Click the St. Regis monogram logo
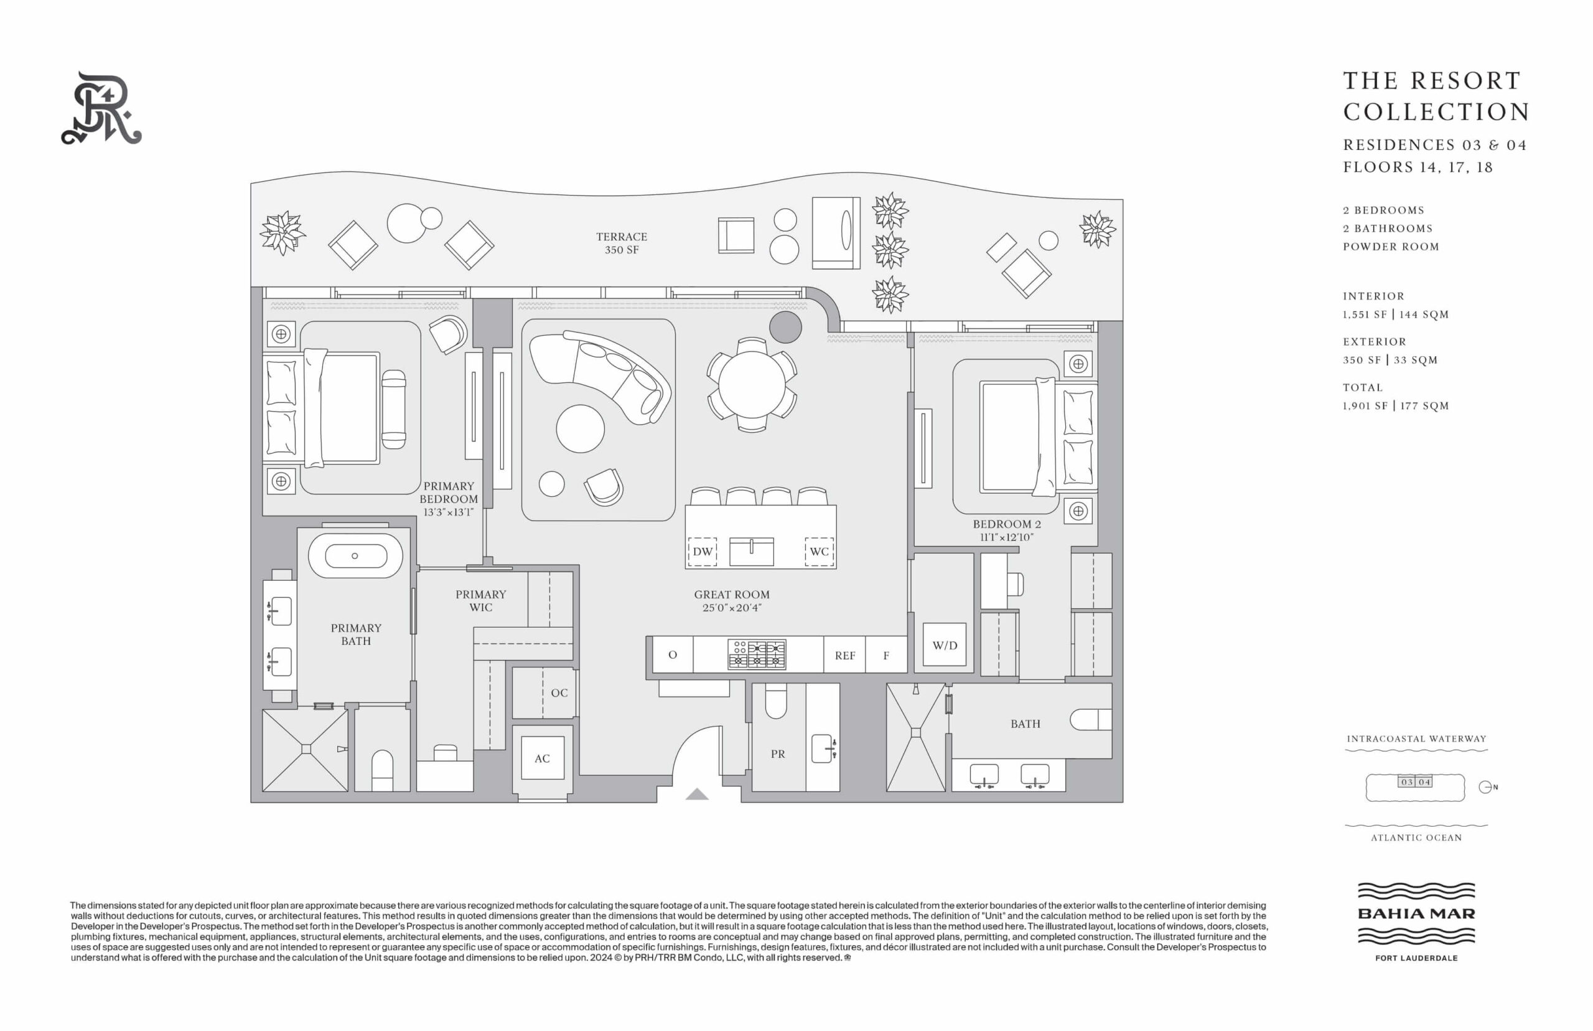click(x=101, y=108)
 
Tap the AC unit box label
click(x=542, y=758)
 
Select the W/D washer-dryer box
click(x=944, y=645)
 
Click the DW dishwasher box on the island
click(x=703, y=552)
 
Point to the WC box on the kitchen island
click(x=819, y=552)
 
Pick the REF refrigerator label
click(x=845, y=656)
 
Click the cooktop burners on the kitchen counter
click(x=757, y=655)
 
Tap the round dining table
click(x=752, y=384)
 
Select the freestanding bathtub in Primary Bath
click(x=355, y=556)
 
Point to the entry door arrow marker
click(x=697, y=794)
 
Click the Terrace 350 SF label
click(x=622, y=243)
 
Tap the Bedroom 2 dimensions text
click(x=1007, y=537)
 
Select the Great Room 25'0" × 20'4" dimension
click(x=731, y=608)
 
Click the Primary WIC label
click(x=480, y=601)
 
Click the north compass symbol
click(x=1488, y=788)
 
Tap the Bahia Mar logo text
click(x=1416, y=913)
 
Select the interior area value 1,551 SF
click(x=1365, y=314)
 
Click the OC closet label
click(x=559, y=693)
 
